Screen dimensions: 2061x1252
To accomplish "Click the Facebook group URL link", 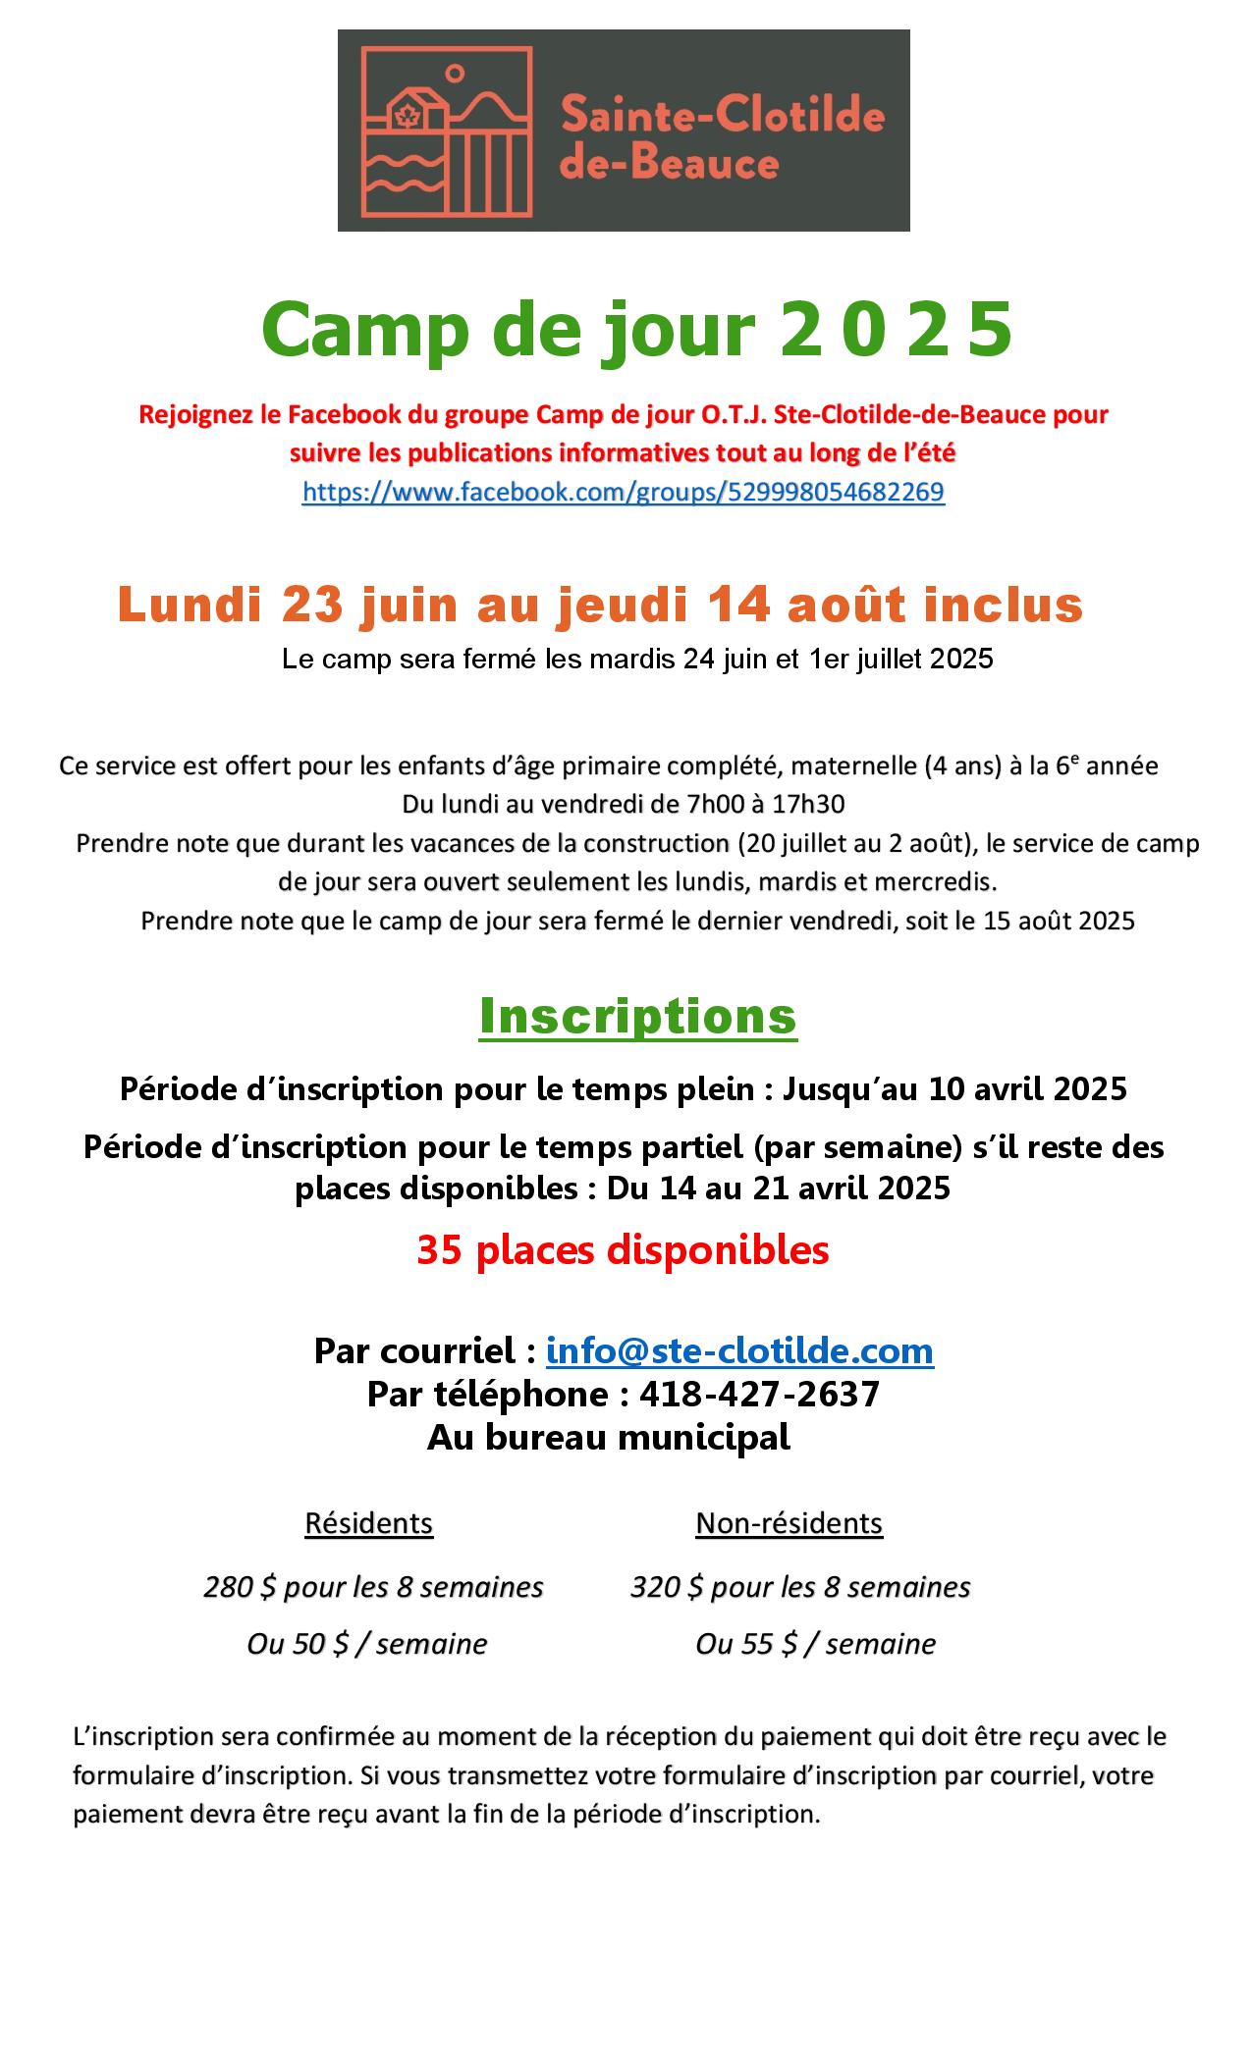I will (623, 492).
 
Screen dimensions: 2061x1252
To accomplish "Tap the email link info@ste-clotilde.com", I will (738, 1350).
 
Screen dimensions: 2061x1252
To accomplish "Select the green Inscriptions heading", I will (637, 1016).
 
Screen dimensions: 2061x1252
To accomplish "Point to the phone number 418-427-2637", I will (759, 1394).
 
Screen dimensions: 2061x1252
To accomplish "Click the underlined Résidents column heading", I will (368, 1522).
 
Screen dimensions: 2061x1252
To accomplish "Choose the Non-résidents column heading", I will (789, 1522).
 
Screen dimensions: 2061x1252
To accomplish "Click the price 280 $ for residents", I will (239, 1587).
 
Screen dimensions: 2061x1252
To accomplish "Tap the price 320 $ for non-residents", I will (666, 1587).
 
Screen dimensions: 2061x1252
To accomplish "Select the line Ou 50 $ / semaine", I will (366, 1644).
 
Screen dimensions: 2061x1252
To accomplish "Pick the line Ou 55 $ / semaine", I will (815, 1644).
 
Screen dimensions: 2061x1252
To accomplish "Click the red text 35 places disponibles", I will (623, 1249).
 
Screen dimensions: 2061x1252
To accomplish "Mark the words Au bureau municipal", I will (608, 1437).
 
